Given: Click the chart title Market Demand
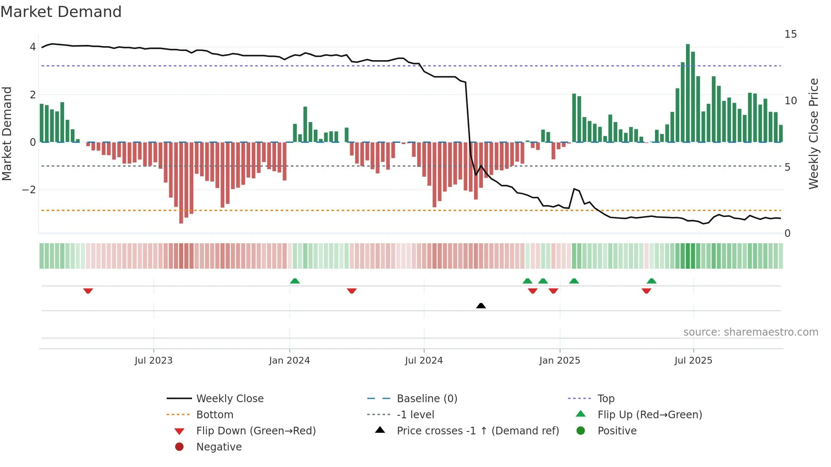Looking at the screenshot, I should [x=61, y=12].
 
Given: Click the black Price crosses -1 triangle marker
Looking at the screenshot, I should [x=481, y=306].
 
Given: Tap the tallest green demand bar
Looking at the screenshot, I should [x=688, y=93].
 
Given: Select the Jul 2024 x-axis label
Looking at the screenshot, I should [x=424, y=361].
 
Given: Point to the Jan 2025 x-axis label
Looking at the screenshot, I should [x=559, y=361].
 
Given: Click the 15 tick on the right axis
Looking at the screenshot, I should [x=790, y=34].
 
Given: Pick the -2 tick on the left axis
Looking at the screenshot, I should [x=29, y=190].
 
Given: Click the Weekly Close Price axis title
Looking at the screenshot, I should [x=813, y=133].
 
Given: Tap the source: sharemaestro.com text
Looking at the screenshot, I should [x=750, y=332].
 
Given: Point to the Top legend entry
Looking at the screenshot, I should [x=605, y=399].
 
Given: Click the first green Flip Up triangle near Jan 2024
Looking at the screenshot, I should [x=295, y=281].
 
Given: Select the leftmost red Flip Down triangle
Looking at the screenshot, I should [x=88, y=291].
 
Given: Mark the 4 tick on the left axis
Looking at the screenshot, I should [x=33, y=47].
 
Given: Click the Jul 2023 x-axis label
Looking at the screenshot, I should [x=153, y=361].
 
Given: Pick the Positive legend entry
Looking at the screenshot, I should [x=616, y=431].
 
